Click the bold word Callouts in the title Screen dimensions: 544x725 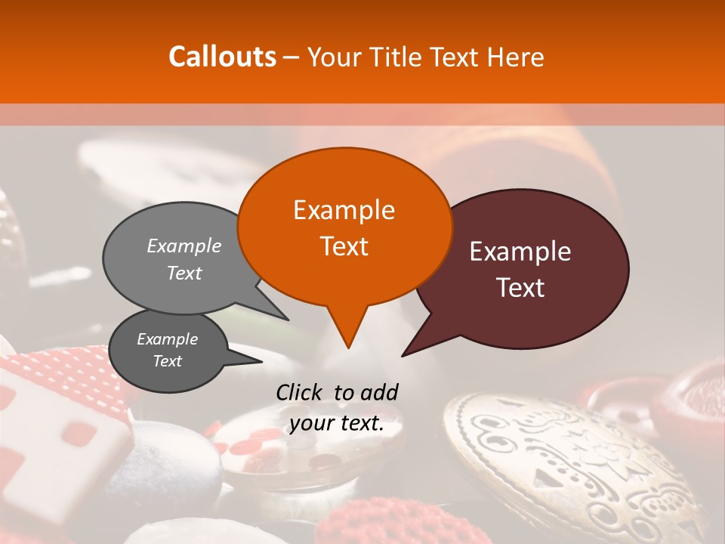pyautogui.click(x=222, y=57)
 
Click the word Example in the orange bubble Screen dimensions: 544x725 pyautogui.click(x=344, y=210)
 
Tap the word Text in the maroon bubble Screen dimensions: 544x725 pyautogui.click(x=521, y=288)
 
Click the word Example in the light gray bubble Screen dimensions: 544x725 pyautogui.click(x=184, y=246)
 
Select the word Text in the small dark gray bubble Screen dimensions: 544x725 pyautogui.click(x=167, y=361)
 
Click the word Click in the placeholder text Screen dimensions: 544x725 pyautogui.click(x=299, y=392)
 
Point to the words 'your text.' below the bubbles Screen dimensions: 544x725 pyautogui.click(x=337, y=424)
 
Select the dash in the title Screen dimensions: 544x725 pyautogui.click(x=292, y=57)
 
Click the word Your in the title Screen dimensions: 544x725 pyautogui.click(x=334, y=57)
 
